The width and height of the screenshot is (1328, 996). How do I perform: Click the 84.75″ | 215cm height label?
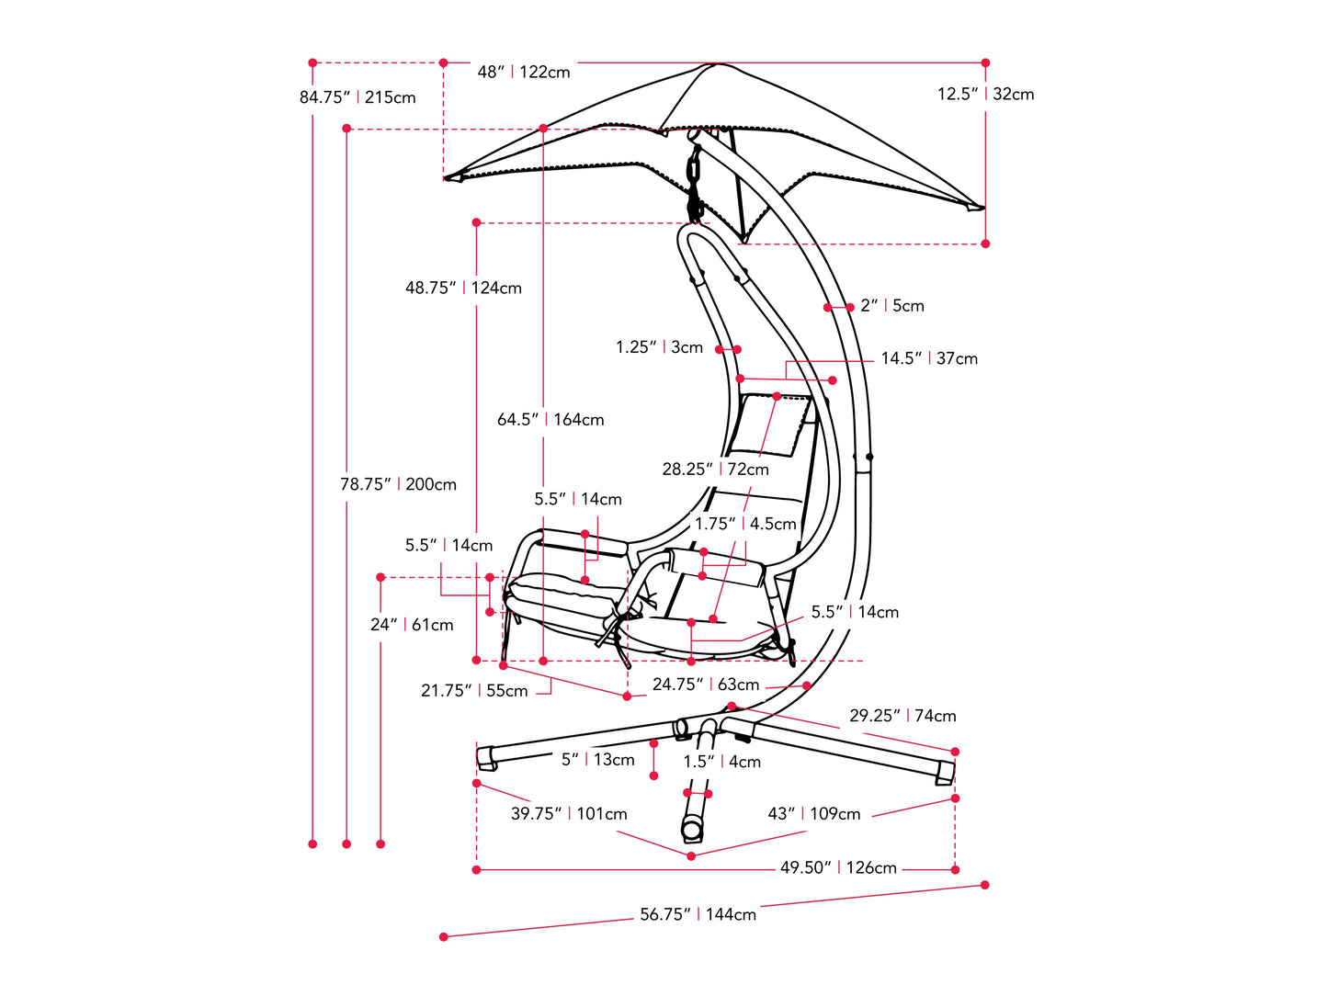point(358,97)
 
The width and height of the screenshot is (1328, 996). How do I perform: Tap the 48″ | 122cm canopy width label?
point(524,72)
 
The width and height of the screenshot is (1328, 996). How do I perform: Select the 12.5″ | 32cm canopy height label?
point(985,94)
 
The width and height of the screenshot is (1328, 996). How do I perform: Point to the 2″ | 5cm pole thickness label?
point(892,306)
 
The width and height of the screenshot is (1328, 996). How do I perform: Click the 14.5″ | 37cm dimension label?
point(929,358)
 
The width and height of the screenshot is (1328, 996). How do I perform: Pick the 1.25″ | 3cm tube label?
point(659,347)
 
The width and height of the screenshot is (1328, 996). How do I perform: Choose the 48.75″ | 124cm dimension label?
point(463,288)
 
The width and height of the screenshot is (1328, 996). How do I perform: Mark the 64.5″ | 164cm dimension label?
point(550,420)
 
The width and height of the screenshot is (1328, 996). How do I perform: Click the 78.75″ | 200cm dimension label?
point(398,484)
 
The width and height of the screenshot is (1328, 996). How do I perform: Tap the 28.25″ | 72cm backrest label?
point(715,470)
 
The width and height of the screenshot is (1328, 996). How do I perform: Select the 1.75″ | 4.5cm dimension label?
point(745,524)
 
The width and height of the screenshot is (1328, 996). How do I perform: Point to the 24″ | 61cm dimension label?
point(412,625)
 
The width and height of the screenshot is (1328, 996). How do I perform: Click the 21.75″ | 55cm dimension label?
point(474,691)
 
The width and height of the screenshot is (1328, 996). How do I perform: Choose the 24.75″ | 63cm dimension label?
point(706,685)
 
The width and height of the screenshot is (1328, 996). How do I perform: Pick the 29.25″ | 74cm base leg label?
point(902,716)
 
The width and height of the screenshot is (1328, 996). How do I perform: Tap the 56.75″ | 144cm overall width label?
point(698,914)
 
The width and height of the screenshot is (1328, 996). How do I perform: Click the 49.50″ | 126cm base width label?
point(838,867)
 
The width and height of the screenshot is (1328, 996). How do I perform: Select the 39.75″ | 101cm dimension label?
point(569,814)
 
